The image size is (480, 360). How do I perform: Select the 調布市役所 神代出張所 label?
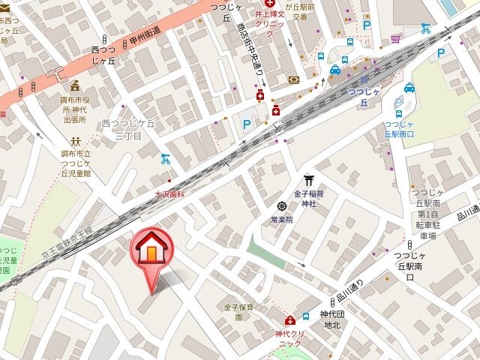[74, 109]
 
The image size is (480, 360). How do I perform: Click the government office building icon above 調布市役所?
[74, 85]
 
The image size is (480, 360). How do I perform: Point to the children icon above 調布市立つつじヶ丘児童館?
[76, 140]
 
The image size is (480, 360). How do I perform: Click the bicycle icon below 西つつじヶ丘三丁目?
[166, 158]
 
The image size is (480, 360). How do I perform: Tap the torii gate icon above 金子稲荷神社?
[308, 179]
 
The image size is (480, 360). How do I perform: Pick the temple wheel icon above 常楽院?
[281, 205]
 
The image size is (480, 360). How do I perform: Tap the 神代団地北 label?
[331, 319]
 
